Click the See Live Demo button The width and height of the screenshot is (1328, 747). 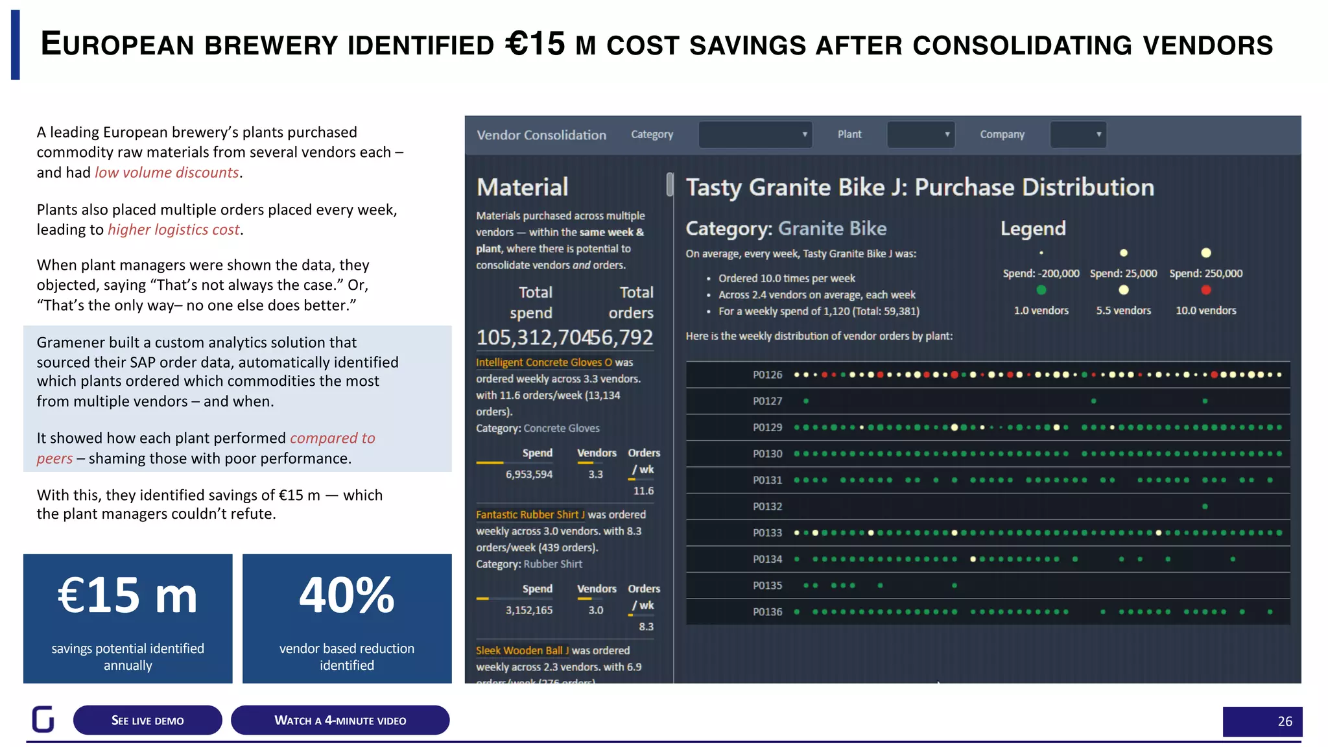coord(147,720)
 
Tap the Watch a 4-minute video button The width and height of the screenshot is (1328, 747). coord(340,720)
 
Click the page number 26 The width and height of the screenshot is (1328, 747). coord(1285,722)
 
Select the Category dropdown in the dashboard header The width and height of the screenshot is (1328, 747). coord(755,135)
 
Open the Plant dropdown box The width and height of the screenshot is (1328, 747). coord(921,135)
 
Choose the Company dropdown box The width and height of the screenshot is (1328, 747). coord(1078,135)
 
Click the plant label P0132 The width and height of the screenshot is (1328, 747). coord(767,506)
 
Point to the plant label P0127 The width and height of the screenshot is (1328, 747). coord(767,401)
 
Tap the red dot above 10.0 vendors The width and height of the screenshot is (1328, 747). coord(1206,290)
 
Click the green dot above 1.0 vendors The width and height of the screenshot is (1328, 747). coord(1041,290)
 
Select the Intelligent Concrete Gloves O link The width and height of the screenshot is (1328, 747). coord(543,362)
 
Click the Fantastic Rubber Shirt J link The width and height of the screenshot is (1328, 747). coord(530,515)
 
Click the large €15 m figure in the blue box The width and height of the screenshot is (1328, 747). coord(128,595)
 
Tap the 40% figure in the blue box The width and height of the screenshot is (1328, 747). coord(347,595)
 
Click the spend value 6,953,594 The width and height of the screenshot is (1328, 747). coord(529,475)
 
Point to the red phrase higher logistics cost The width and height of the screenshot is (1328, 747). coord(174,230)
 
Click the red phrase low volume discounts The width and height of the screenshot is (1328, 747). coord(167,172)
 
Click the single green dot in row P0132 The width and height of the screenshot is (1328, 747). coord(1205,506)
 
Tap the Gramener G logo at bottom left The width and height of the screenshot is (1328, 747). coord(43,719)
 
